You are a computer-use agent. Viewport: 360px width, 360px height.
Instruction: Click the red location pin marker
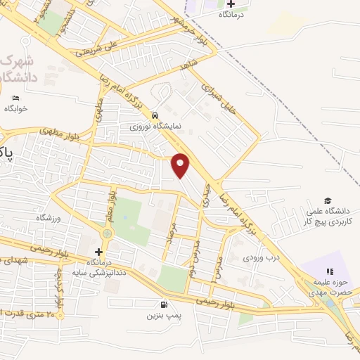[x=181, y=165]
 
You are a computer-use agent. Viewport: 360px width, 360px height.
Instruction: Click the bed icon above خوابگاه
[x=15, y=98]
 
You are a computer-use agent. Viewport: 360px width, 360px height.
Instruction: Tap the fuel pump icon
[x=164, y=305]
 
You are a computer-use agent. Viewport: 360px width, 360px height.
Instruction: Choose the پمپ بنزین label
[x=164, y=316]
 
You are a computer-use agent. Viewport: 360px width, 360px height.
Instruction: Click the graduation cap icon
[x=327, y=200]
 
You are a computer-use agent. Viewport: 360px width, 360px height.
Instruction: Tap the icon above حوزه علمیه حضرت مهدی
[x=328, y=272]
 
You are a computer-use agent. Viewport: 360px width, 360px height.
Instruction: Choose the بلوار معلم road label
[x=110, y=205]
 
